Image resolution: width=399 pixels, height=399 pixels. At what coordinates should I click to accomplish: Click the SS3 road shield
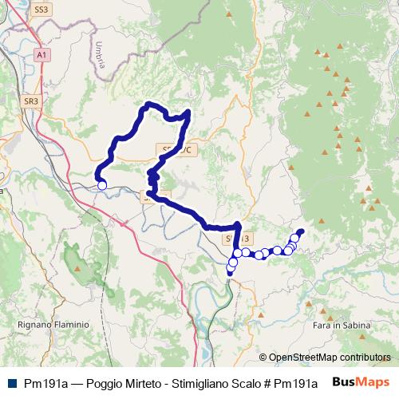(x=42, y=10)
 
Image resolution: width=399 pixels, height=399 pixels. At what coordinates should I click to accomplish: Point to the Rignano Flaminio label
(x=53, y=325)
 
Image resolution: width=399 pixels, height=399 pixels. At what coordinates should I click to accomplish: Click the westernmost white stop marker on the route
(x=102, y=186)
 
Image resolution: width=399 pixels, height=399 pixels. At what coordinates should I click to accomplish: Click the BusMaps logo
(x=361, y=382)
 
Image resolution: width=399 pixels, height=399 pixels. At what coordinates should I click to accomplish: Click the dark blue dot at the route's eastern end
(x=301, y=231)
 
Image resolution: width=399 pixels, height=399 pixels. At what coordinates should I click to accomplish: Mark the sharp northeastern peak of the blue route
(x=188, y=112)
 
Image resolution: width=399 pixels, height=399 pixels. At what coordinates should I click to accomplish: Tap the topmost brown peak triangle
(x=318, y=53)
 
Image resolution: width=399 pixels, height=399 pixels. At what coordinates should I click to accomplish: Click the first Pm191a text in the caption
(x=45, y=383)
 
